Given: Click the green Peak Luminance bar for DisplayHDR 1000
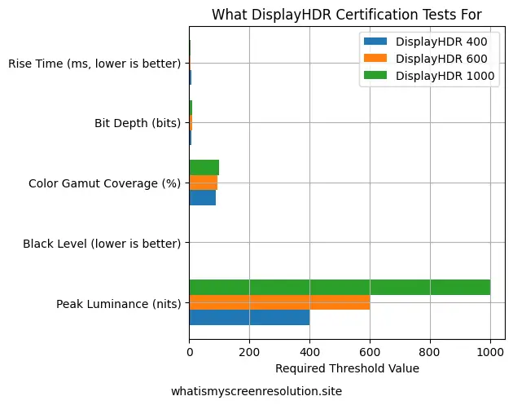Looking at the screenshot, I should [x=340, y=287].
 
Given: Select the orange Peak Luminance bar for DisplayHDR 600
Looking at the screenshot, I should [x=279, y=302].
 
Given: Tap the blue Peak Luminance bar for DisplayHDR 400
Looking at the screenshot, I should [x=249, y=318].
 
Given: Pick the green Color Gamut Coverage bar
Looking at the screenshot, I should [x=204, y=167].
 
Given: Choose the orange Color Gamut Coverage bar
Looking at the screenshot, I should [x=203, y=183].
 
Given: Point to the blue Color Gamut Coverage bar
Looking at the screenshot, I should [x=202, y=197].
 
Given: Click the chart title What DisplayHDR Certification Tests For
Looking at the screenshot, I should [x=347, y=15].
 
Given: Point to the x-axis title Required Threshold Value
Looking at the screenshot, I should [x=348, y=368].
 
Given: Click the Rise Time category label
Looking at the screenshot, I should [x=94, y=63].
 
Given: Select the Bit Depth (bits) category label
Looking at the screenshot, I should [x=138, y=123].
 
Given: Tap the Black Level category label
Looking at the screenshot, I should [x=102, y=244].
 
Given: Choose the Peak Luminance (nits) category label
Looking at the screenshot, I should [x=119, y=304].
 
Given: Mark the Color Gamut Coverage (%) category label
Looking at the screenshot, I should [x=104, y=183].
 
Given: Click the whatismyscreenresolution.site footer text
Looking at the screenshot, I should [x=256, y=391].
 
